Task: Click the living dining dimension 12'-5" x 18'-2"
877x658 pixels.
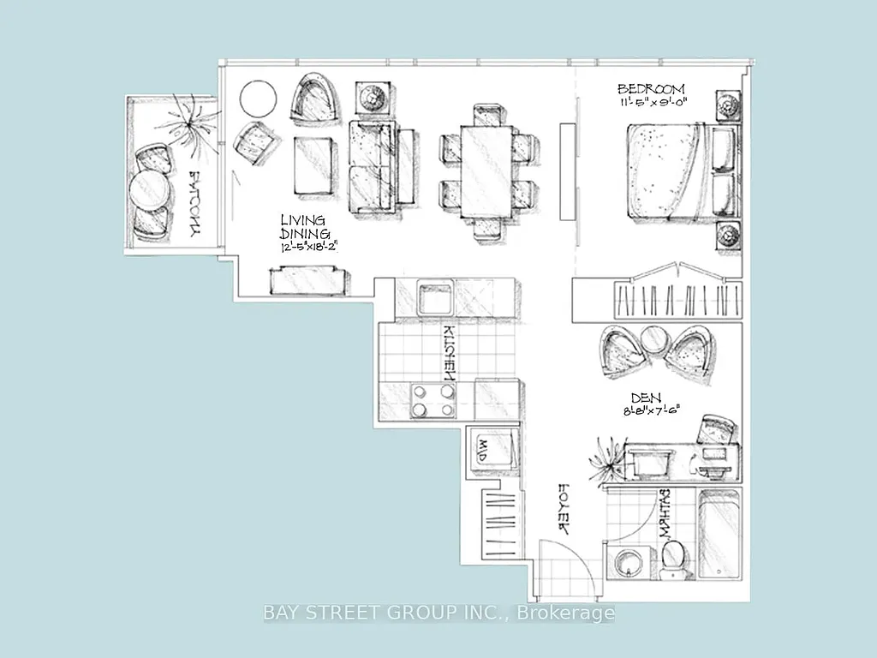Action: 309,248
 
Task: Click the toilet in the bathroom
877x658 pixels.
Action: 673,557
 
